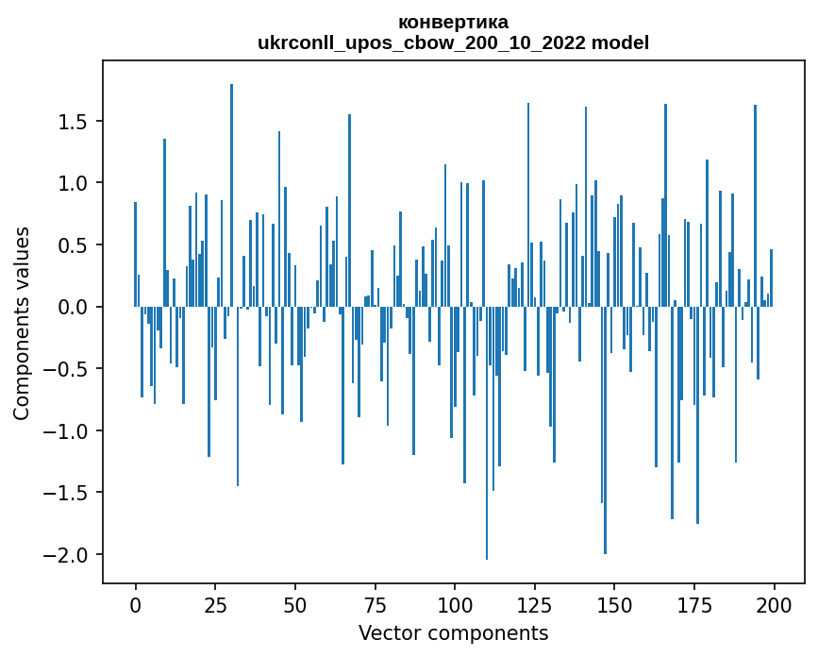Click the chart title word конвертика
(453, 22)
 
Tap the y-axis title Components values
(21, 323)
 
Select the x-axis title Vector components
(453, 632)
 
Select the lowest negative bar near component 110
(487, 433)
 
